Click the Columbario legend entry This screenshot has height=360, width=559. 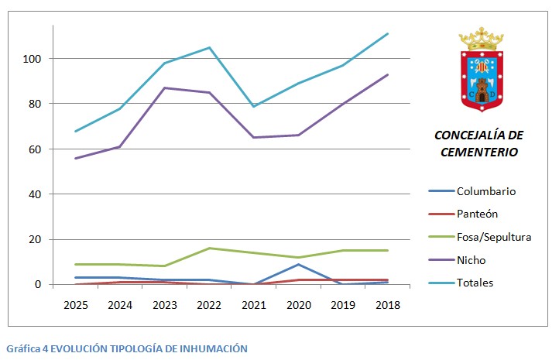(485, 191)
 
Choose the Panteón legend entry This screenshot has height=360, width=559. (478, 214)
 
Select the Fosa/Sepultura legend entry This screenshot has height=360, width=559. (493, 237)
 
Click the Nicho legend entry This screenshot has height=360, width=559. (472, 260)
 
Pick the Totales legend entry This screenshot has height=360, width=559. (475, 283)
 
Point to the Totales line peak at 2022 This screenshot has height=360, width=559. (209, 47)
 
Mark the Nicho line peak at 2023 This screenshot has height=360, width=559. (165, 87)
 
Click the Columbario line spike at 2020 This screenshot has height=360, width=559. (299, 265)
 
